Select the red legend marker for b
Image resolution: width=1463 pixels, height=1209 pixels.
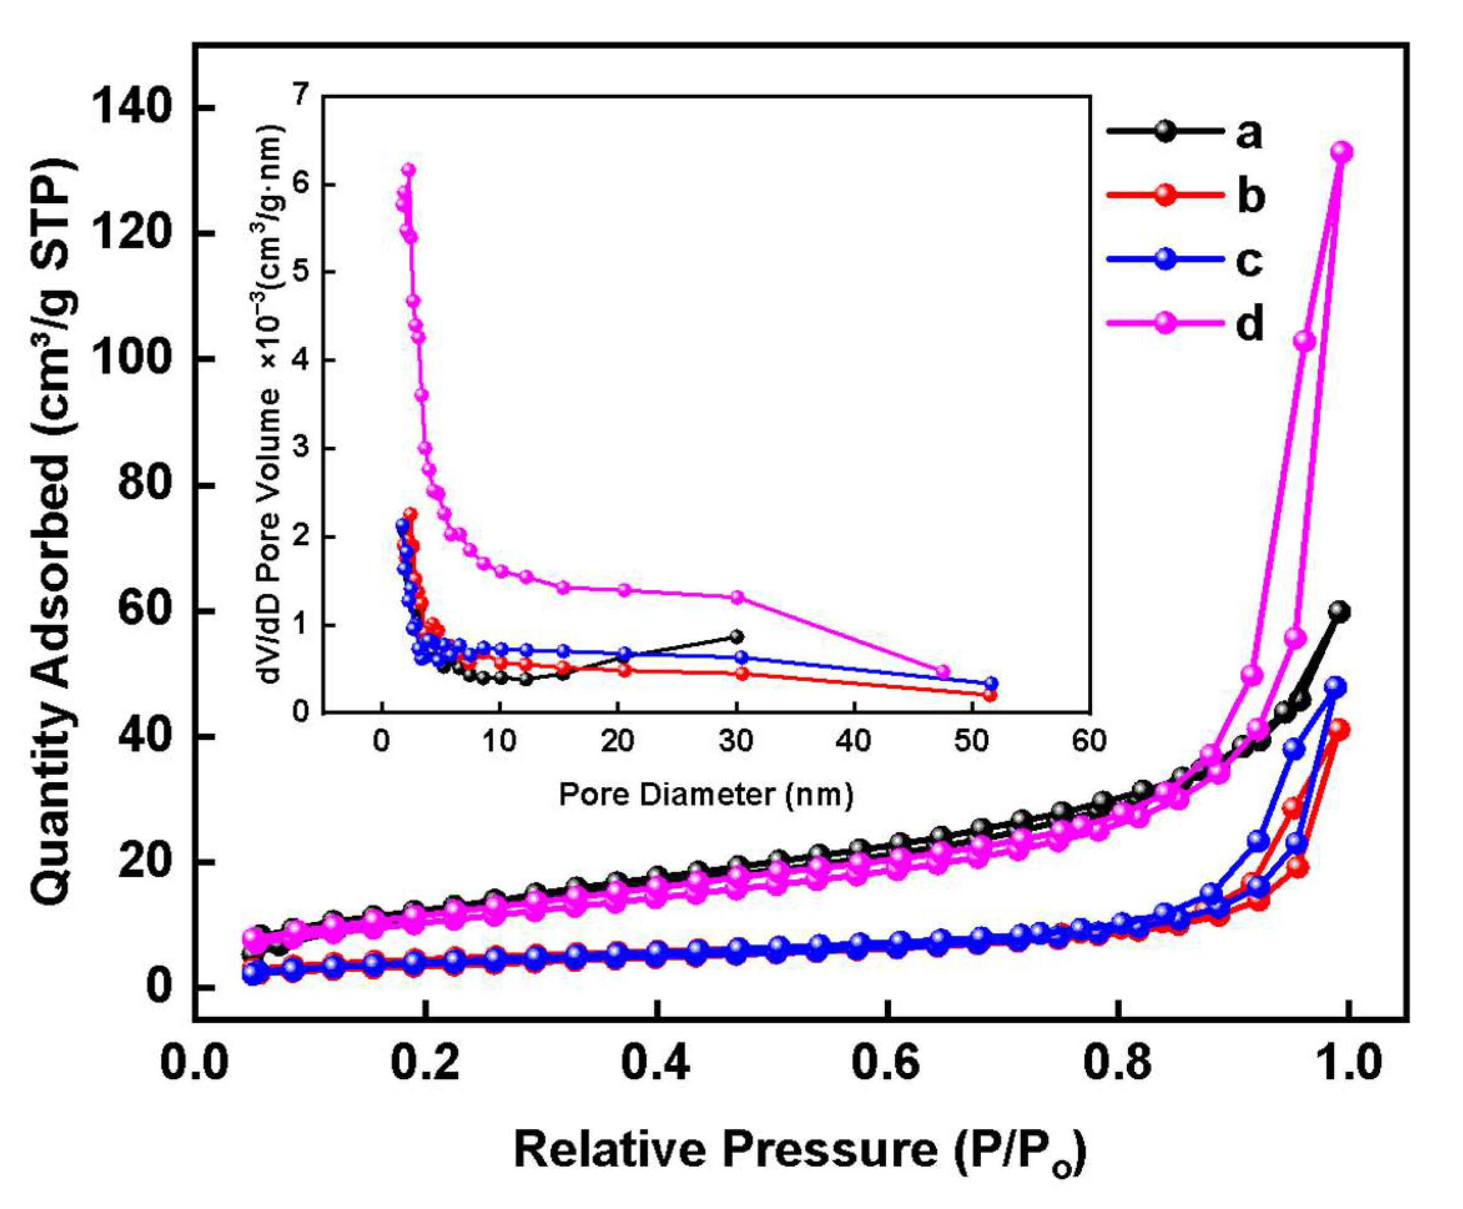1165,196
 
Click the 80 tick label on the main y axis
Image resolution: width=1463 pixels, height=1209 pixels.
145,485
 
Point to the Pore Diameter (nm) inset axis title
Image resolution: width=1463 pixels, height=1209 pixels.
706,795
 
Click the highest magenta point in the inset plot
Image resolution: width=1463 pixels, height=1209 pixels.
408,170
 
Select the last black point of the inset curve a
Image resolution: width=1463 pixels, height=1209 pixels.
736,636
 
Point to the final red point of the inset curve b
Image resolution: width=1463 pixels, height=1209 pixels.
990,695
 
